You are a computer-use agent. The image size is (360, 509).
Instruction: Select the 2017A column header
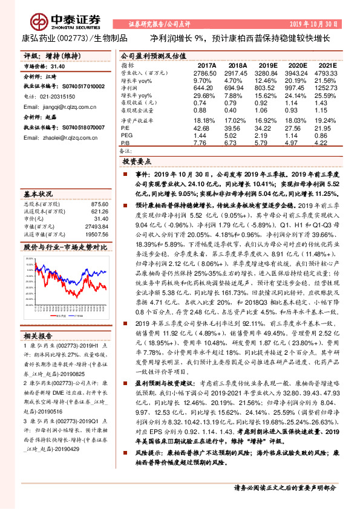207,65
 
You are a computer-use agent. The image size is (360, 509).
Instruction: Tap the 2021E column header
327,65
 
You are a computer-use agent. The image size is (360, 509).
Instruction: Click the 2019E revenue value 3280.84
267,72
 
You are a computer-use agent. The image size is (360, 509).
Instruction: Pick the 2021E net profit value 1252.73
327,87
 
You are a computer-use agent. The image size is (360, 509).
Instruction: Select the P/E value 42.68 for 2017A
207,129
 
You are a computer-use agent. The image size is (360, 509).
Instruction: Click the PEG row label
126,136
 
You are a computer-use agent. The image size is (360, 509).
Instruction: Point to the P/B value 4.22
327,143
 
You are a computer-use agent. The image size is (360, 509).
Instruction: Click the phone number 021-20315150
58,97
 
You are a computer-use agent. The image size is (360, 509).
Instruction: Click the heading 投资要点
136,162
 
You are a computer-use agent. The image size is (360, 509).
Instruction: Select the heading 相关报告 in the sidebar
38,336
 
